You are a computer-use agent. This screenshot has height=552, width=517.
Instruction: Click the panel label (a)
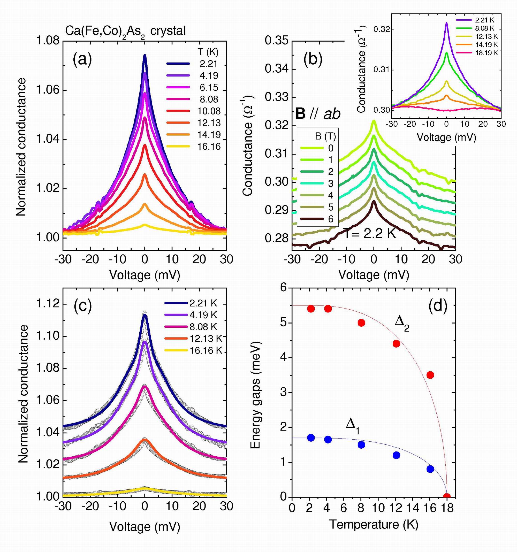(82, 60)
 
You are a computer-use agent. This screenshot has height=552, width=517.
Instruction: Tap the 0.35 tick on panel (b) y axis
(276, 41)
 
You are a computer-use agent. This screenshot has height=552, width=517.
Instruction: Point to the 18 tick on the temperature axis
(447, 508)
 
